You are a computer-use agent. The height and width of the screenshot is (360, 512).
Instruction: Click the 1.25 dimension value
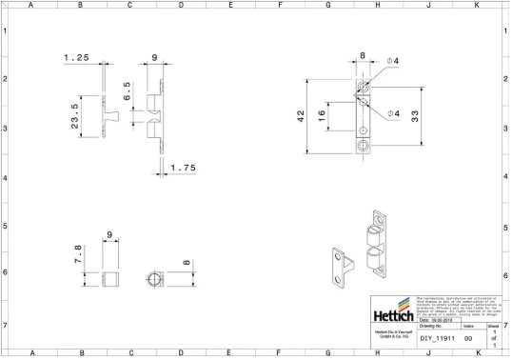coord(77,58)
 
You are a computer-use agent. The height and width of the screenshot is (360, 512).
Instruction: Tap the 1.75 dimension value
coord(184,168)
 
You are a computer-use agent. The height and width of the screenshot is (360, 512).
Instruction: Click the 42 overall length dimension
coord(301,115)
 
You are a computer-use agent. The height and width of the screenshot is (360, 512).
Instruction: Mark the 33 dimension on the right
coord(415,115)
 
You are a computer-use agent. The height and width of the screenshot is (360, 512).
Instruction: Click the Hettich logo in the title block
coord(393,315)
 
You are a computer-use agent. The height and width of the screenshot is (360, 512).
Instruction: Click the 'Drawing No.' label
coord(434,326)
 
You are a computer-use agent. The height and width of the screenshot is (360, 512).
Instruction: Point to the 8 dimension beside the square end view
coord(187,260)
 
